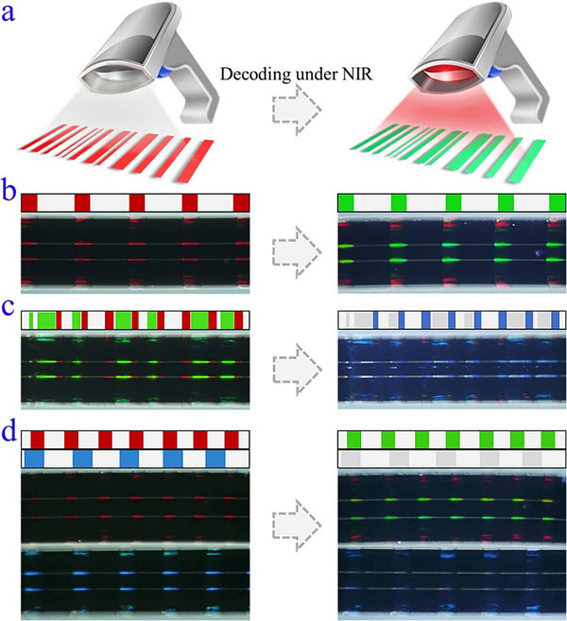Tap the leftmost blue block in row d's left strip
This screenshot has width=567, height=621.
tap(35, 458)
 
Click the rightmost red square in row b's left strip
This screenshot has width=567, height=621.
tap(242, 202)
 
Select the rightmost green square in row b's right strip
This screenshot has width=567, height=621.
tap(557, 202)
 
